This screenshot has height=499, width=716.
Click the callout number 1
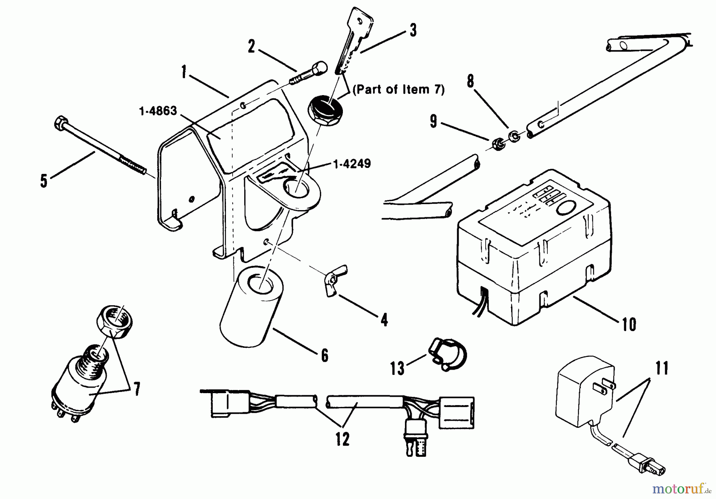click(184, 73)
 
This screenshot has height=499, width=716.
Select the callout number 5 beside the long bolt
click(44, 180)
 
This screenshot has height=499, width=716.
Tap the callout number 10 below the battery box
click(629, 324)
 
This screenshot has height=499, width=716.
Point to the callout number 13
click(397, 368)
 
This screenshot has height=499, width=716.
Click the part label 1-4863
click(158, 111)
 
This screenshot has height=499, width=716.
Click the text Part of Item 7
click(398, 90)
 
